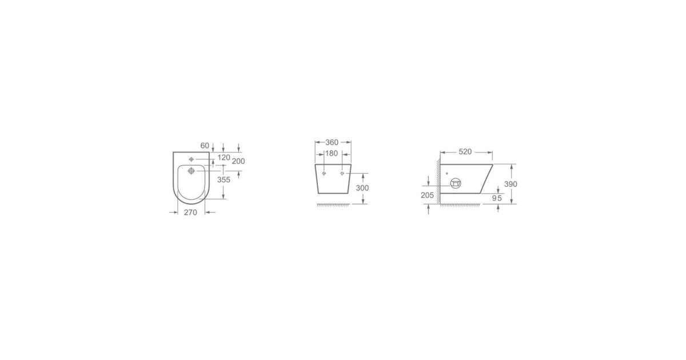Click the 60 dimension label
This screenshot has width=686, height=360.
(205, 146)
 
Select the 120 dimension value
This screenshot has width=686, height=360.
(224, 158)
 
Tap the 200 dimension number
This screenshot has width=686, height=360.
(238, 161)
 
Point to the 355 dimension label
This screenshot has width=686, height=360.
(224, 179)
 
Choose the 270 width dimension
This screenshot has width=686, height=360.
(190, 213)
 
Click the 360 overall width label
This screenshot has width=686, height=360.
(332, 142)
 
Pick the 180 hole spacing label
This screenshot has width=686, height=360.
(332, 153)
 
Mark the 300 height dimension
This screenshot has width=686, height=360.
(362, 188)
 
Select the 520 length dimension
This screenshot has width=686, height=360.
(465, 152)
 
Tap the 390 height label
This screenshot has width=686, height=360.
(510, 184)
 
